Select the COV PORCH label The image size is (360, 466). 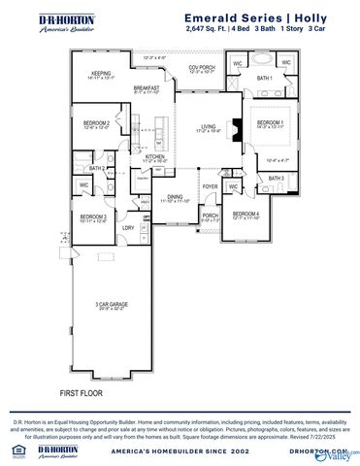pyautogui.click(x=200, y=67)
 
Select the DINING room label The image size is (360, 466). pyautogui.click(x=174, y=196)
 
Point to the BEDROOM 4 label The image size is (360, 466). pyautogui.click(x=245, y=215)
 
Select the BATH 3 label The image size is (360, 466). pyautogui.click(x=276, y=179)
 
